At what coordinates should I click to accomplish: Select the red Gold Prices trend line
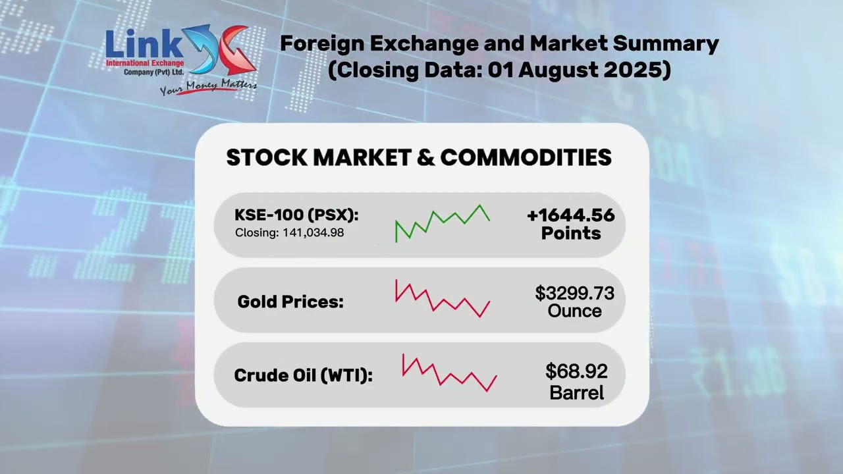[443, 302]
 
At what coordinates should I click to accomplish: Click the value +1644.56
[570, 215]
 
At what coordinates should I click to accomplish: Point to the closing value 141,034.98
[313, 233]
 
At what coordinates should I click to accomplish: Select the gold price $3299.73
[574, 293]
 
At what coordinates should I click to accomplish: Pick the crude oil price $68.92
[576, 372]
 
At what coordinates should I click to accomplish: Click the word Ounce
[574, 311]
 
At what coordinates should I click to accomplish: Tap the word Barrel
[576, 393]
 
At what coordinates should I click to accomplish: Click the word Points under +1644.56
[570, 233]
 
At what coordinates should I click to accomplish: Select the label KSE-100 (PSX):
[296, 215]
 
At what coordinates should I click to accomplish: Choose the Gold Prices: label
[290, 302]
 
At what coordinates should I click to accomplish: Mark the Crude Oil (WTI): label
[303, 376]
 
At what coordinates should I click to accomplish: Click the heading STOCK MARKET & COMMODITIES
[419, 158]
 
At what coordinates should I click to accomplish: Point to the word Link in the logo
[144, 45]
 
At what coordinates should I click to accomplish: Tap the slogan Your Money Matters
[208, 87]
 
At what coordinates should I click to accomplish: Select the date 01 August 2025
[579, 69]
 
